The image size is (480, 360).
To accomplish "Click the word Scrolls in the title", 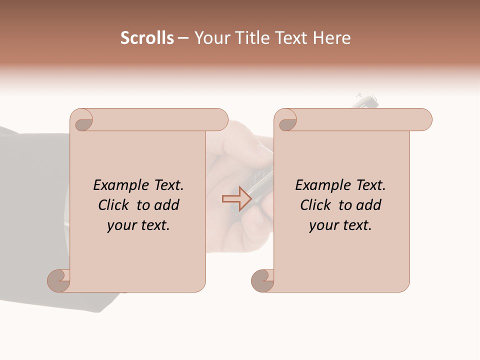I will [147, 38].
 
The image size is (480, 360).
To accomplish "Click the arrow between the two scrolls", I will [236, 198].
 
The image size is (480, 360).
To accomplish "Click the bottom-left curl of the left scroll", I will [59, 280].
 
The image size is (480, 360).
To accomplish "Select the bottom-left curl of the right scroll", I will [263, 280].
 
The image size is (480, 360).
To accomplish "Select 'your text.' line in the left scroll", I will [138, 225].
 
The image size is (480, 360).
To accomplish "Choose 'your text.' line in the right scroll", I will [340, 225].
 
